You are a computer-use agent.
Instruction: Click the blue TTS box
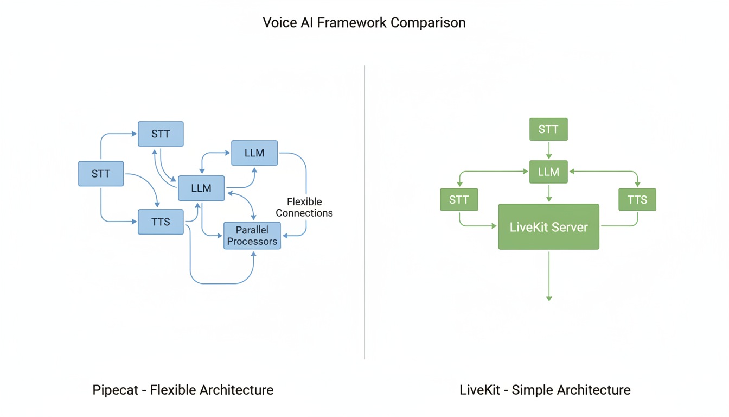coord(161,222)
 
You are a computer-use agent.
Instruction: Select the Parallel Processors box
coord(252,236)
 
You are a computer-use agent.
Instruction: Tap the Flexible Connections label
coord(304,207)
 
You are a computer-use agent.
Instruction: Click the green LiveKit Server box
coord(548,227)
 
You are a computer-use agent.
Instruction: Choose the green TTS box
coord(637,200)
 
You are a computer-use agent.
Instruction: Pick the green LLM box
coord(548,172)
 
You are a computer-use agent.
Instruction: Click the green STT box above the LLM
coord(548,129)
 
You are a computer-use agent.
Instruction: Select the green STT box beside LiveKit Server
coord(459,200)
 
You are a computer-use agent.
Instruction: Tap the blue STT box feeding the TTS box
coord(101,174)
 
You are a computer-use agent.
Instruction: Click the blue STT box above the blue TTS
coord(161,134)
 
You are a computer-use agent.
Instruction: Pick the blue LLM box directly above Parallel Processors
coord(254,153)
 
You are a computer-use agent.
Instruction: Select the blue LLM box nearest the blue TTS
coord(201,188)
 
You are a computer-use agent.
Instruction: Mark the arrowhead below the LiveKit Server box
coord(549,298)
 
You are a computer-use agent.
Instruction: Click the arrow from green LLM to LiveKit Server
coord(549,193)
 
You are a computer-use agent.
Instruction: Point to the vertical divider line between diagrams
coord(364,212)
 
